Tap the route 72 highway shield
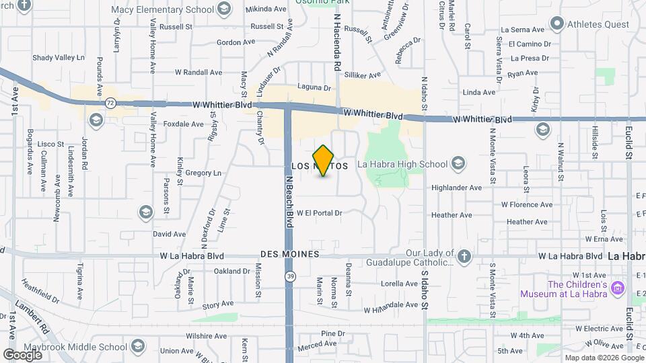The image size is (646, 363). [x=110, y=103]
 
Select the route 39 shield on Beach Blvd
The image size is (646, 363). [x=289, y=276]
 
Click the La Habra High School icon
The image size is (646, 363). [x=458, y=164]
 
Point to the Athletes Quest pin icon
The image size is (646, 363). [x=557, y=25]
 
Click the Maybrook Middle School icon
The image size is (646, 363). [x=138, y=347]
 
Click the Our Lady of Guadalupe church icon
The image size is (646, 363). [x=464, y=256]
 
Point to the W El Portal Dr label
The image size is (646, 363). [x=320, y=213]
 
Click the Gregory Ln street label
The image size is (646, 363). [x=203, y=173]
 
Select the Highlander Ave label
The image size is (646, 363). [x=457, y=188]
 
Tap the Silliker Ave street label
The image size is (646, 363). [x=363, y=75]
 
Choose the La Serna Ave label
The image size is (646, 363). [x=522, y=30]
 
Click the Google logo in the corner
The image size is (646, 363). [x=22, y=354]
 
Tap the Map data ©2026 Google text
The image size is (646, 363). [x=603, y=358]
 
